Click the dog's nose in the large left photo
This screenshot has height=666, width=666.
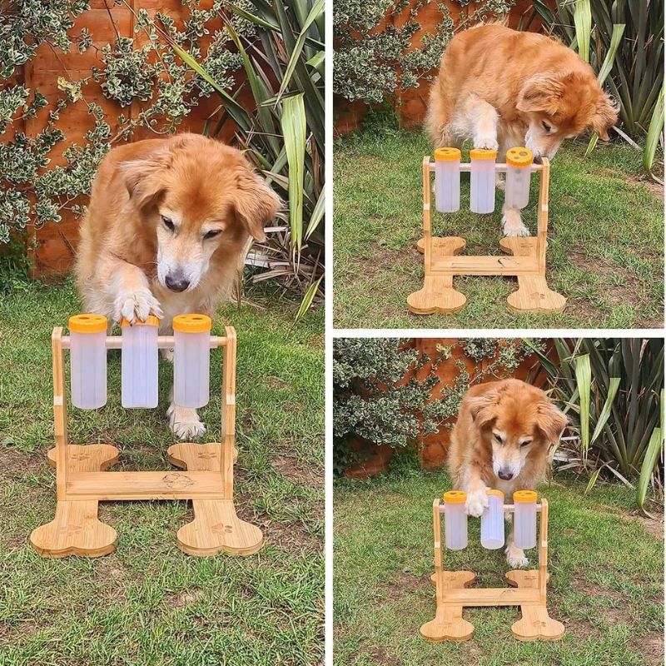[176, 281]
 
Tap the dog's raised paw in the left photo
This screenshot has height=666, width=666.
[136, 306]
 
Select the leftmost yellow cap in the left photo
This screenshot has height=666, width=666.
[87, 323]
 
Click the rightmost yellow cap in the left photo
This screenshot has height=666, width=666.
[191, 323]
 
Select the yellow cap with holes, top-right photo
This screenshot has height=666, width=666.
[519, 157]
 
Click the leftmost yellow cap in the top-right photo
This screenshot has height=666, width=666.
[448, 154]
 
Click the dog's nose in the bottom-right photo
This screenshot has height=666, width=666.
[505, 473]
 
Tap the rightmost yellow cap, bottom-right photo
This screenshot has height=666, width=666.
[524, 496]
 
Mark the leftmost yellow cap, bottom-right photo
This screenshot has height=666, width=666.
[455, 497]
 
